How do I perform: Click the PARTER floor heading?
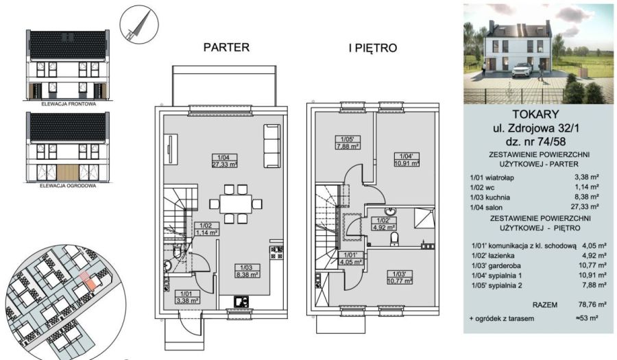coord(226,47)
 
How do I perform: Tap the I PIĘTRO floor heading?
coord(373,48)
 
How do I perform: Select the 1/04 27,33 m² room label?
coord(224,161)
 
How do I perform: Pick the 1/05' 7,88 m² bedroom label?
coord(348,143)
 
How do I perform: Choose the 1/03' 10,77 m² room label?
coord(400,278)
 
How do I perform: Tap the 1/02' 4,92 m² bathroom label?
coord(383,224)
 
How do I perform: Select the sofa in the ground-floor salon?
coord(271,146)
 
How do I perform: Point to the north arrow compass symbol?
coord(139,25)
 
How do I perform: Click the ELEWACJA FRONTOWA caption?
coord(69,104)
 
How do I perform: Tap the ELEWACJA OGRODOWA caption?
coord(68,185)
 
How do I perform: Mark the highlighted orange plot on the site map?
coord(90,283)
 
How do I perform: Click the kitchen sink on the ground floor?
coord(241,302)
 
